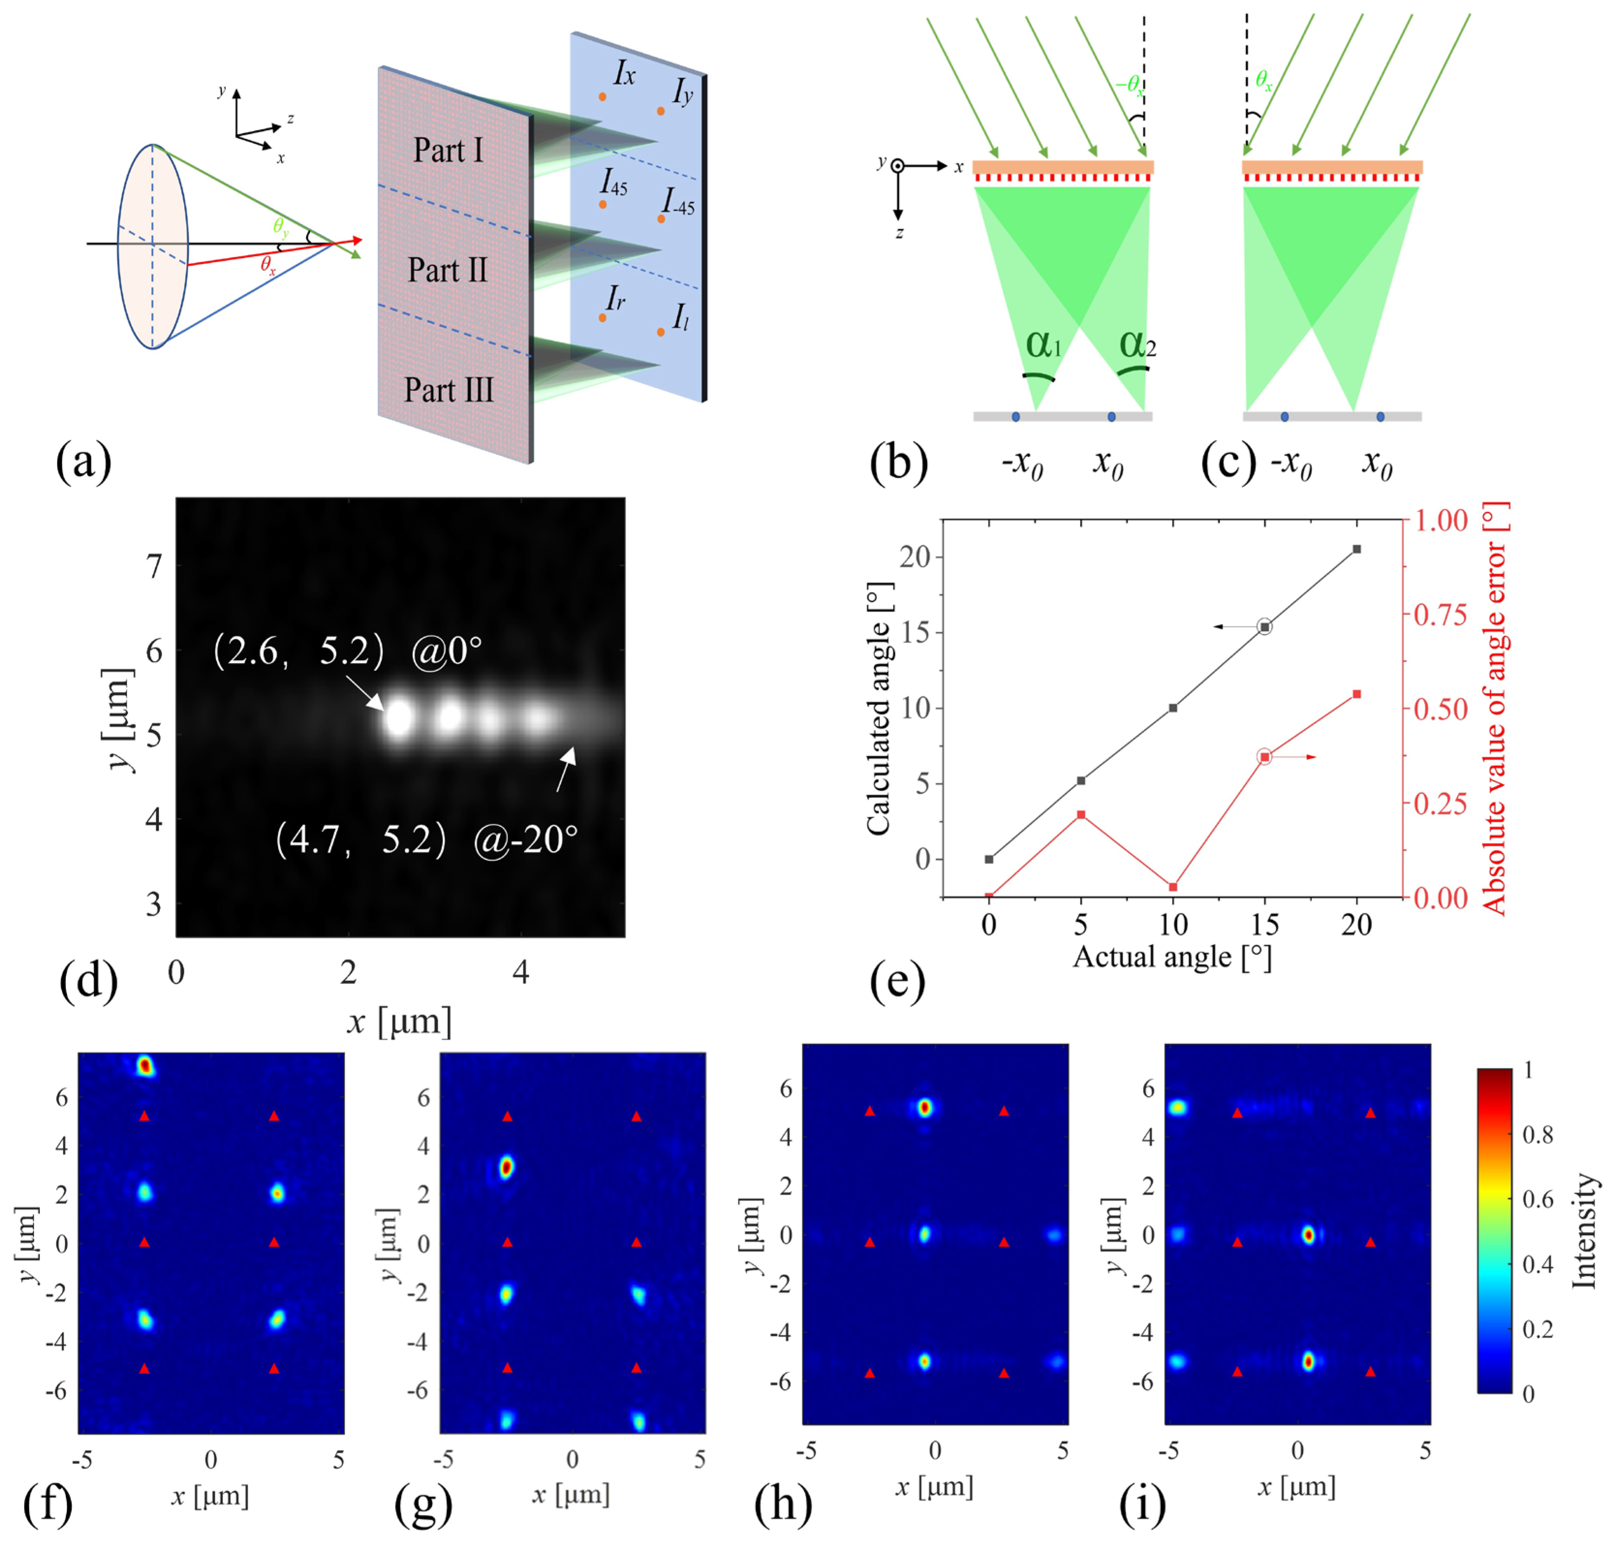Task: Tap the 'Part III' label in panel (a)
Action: (x=448, y=389)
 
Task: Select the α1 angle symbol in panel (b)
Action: (x=1042, y=343)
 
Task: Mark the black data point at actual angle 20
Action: (x=1357, y=548)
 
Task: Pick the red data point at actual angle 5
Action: (x=1081, y=814)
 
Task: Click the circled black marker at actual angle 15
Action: (x=1265, y=627)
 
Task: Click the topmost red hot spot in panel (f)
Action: (x=145, y=1066)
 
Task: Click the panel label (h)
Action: (x=783, y=1503)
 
